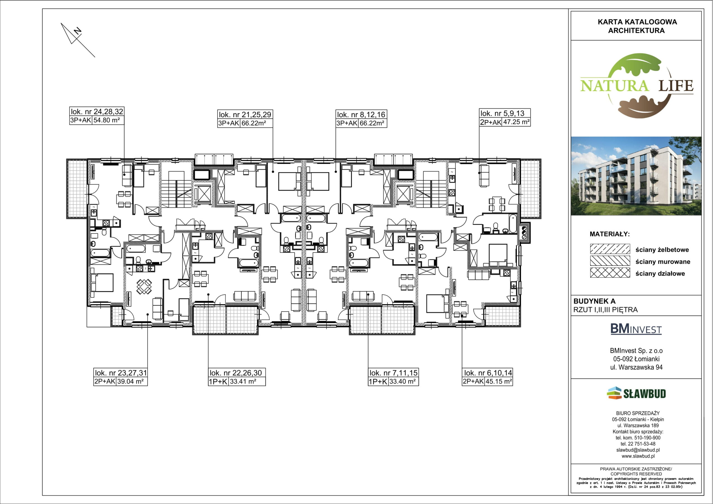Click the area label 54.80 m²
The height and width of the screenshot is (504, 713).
coord(106,120)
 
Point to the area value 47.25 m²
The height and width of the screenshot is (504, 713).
coord(516,122)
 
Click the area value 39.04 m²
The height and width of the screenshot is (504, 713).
coord(130,381)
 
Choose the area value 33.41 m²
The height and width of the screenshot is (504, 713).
coord(243,381)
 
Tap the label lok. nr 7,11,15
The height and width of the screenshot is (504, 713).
coord(394,373)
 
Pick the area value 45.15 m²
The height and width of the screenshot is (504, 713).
coord(499,381)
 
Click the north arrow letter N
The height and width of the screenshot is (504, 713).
coord(78,31)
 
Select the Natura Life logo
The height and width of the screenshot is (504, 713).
coord(637,86)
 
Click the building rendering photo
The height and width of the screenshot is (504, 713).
coord(636,176)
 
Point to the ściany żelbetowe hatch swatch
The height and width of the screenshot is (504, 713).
coord(610,249)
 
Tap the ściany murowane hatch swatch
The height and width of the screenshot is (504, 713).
coord(610,261)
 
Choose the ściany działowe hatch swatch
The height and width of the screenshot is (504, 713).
coord(610,273)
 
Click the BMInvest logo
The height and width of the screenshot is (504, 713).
coord(636,329)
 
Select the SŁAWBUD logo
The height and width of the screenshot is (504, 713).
coord(636,393)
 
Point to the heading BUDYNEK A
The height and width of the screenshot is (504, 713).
coord(594,301)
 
